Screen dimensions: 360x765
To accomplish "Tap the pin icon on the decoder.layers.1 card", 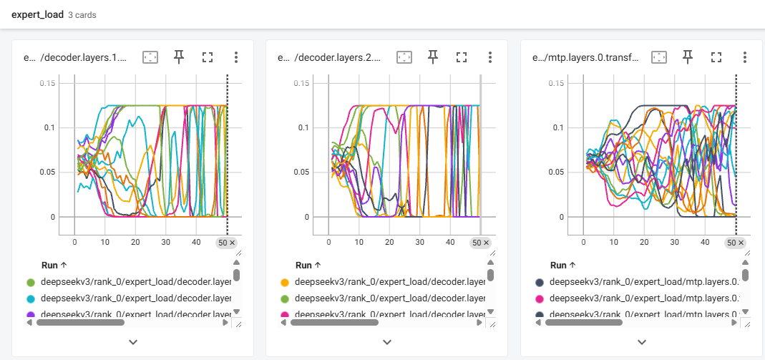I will click(178, 57).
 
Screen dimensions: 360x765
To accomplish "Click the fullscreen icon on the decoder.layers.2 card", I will click(461, 57).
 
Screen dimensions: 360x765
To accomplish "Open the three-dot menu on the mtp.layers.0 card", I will click(744, 57).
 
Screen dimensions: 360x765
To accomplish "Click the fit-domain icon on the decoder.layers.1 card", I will click(150, 57).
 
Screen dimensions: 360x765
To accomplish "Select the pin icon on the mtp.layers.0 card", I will click(687, 57).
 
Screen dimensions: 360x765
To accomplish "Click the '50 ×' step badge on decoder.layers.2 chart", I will click(481, 243).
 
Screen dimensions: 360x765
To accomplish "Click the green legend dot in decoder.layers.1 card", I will click(31, 283).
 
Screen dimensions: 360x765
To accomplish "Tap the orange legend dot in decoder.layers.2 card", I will click(285, 283).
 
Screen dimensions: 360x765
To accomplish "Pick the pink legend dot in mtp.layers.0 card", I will click(540, 298).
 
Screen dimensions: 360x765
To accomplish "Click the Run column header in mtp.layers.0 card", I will click(557, 265).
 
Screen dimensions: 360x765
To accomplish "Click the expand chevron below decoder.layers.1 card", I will click(132, 341).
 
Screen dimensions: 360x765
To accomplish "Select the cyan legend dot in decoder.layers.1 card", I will click(31, 298).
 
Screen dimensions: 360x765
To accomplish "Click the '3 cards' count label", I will click(82, 15).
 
